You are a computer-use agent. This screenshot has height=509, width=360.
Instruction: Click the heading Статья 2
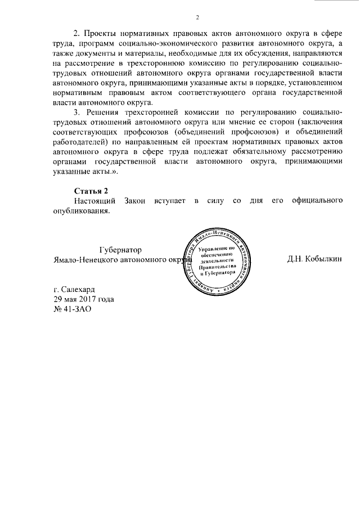click(x=91, y=190)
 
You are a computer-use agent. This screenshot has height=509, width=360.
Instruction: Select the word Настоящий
click(x=96, y=200)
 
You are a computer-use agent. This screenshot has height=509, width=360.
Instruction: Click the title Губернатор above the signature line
click(x=120, y=249)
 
